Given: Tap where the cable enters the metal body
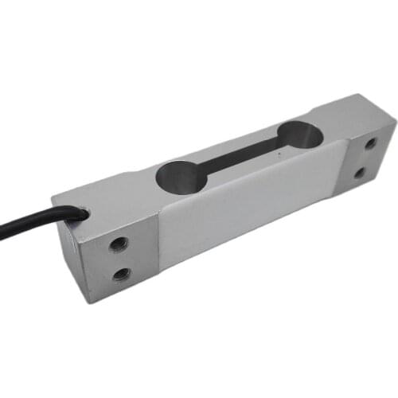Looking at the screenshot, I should (80, 214).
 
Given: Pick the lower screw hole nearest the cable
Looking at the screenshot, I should (121, 274).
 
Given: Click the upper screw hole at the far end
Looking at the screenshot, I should (370, 145).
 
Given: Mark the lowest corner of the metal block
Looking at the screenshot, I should (94, 302).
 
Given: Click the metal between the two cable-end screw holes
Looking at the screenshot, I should (119, 259).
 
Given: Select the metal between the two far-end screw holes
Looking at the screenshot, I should (365, 158).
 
